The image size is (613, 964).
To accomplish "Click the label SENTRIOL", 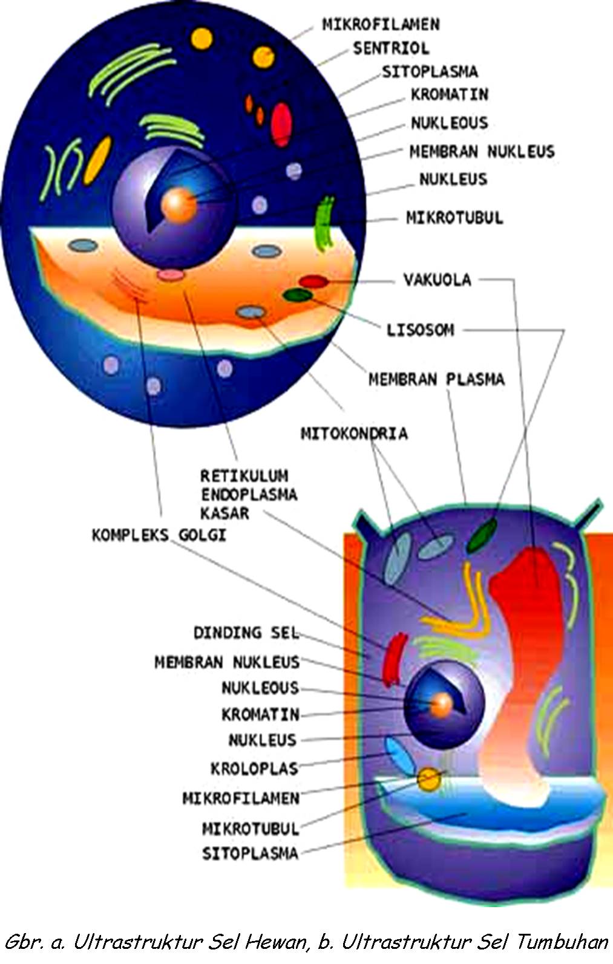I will coord(390,48).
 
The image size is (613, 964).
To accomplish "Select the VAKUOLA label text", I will coord(437,279).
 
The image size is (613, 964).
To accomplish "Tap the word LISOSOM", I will coord(420,330).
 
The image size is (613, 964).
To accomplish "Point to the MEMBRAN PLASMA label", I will coord(436,379).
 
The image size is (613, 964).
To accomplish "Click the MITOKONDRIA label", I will coord(354,433).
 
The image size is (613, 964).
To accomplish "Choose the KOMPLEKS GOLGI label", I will coord(159,535).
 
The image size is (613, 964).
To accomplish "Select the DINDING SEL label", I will coord(246,633).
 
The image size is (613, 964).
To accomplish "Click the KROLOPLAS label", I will coord(254,769).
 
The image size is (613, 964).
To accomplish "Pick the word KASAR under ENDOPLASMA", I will coord(225,513).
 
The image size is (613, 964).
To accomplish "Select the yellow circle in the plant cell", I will coord(429,780).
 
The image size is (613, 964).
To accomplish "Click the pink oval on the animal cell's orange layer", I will coord(171,275).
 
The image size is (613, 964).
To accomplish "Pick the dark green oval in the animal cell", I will coord(298,295).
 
